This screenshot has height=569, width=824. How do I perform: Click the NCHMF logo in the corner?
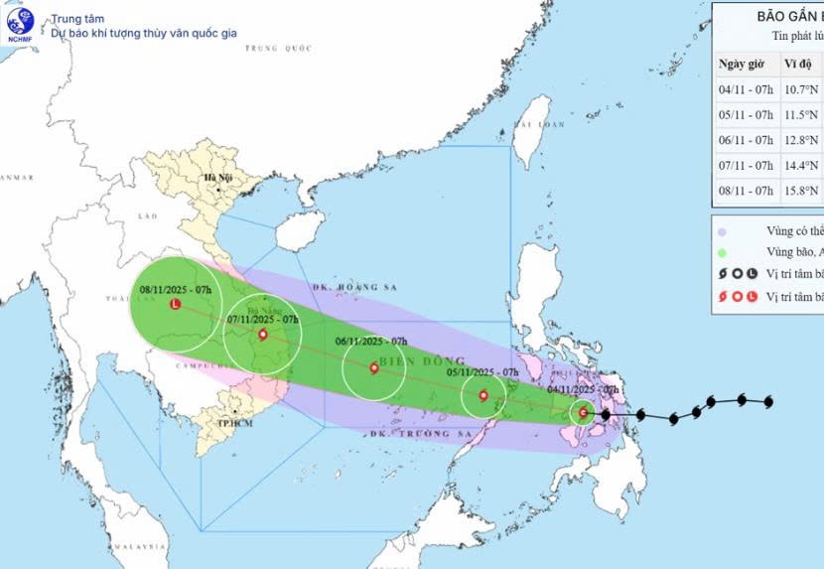tap(19, 24)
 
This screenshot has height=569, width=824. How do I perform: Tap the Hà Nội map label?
tap(217, 178)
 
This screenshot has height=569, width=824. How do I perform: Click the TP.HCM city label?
tap(236, 422)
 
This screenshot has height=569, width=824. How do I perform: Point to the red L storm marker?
tap(176, 305)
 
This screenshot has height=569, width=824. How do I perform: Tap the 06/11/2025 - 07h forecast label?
tap(367, 342)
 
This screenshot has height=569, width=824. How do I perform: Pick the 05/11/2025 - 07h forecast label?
tap(481, 372)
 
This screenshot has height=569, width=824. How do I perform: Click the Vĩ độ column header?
tap(797, 65)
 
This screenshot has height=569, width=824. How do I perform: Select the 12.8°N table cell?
tap(801, 140)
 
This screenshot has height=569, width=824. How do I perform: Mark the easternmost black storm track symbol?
tap(768, 402)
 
